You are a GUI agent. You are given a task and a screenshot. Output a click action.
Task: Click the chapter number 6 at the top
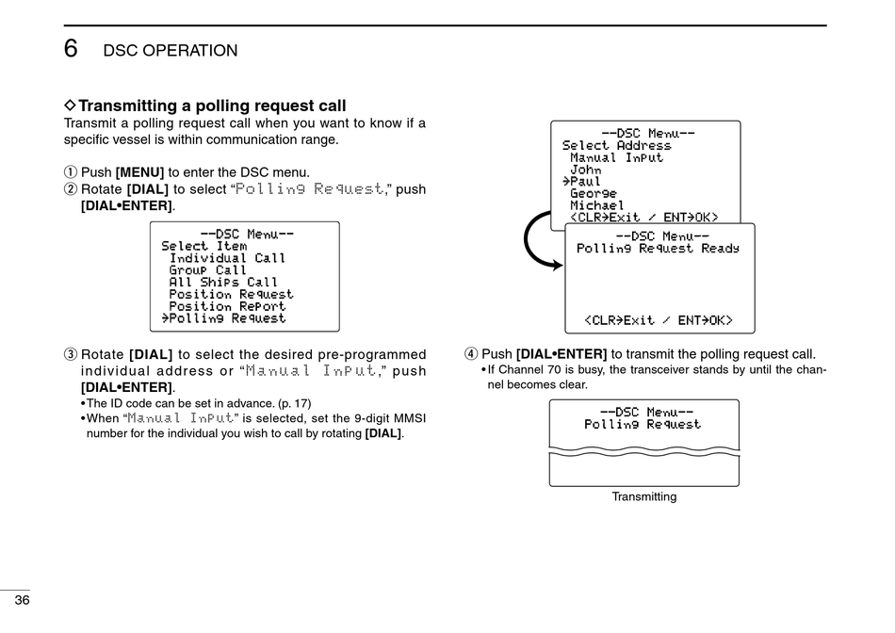[71, 49]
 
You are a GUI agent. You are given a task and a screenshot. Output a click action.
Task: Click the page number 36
[22, 601]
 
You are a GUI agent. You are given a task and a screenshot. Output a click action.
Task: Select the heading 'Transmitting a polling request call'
[212, 105]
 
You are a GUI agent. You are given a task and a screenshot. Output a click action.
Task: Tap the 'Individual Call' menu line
[227, 258]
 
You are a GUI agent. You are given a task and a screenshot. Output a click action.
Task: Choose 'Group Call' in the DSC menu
[207, 270]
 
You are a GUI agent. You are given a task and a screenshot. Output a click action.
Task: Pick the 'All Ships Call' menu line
[223, 282]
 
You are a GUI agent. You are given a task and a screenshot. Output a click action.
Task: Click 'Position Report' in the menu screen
[227, 306]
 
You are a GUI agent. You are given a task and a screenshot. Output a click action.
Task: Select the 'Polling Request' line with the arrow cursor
[227, 318]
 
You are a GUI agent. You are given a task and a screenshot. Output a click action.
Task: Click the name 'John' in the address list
[585, 170]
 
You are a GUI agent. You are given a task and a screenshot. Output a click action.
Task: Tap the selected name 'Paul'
[585, 182]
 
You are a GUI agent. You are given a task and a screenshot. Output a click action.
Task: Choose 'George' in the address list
[594, 193]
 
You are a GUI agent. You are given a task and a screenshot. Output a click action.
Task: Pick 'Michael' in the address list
[596, 205]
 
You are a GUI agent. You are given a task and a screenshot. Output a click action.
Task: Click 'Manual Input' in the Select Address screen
[616, 157]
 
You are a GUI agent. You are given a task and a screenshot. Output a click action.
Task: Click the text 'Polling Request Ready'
[659, 249]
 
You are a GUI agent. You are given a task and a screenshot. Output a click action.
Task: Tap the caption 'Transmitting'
[643, 496]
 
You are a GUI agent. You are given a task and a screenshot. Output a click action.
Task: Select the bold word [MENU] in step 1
[139, 172]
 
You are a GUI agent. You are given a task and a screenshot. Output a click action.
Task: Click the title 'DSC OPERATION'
[171, 51]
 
